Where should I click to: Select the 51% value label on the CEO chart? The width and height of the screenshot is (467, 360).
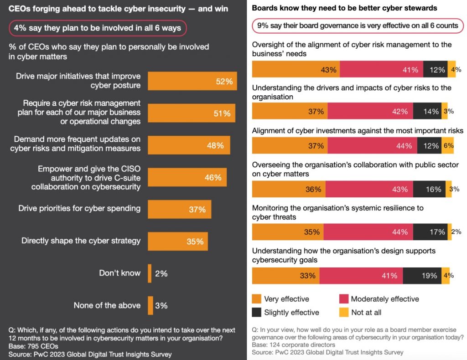coord(222,113)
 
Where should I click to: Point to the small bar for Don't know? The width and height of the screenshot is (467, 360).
coord(150,273)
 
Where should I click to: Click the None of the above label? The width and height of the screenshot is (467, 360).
coord(107,305)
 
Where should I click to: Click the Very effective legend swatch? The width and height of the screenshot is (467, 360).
coord(257,299)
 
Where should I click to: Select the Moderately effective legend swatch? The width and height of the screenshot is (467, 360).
coord(344,299)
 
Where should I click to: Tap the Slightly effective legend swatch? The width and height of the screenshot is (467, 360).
coord(257,312)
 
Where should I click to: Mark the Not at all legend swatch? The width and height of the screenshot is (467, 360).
coord(344,312)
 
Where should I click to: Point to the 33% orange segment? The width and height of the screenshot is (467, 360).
coord(285,275)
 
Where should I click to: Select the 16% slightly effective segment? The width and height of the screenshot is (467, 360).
coord(429,189)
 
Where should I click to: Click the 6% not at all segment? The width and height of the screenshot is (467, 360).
coord(448,146)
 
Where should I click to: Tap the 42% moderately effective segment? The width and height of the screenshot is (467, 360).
coord(370,111)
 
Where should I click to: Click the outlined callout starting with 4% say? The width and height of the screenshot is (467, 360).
coord(98,28)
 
